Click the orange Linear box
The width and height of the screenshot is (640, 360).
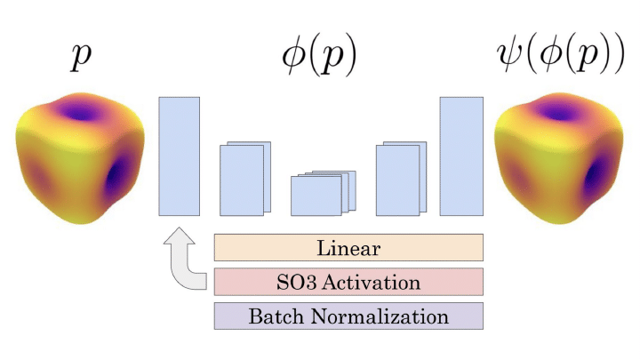348,247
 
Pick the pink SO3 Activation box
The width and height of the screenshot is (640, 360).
348,282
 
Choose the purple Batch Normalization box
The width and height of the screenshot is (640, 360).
348,316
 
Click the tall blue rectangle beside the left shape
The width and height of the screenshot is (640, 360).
179,156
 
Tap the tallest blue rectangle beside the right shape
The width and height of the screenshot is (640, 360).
461,156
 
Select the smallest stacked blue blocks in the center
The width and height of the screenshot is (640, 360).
323,194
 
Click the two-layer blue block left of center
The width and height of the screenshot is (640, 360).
244,179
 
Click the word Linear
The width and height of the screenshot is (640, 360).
348,247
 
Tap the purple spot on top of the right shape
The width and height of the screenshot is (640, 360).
557,114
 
